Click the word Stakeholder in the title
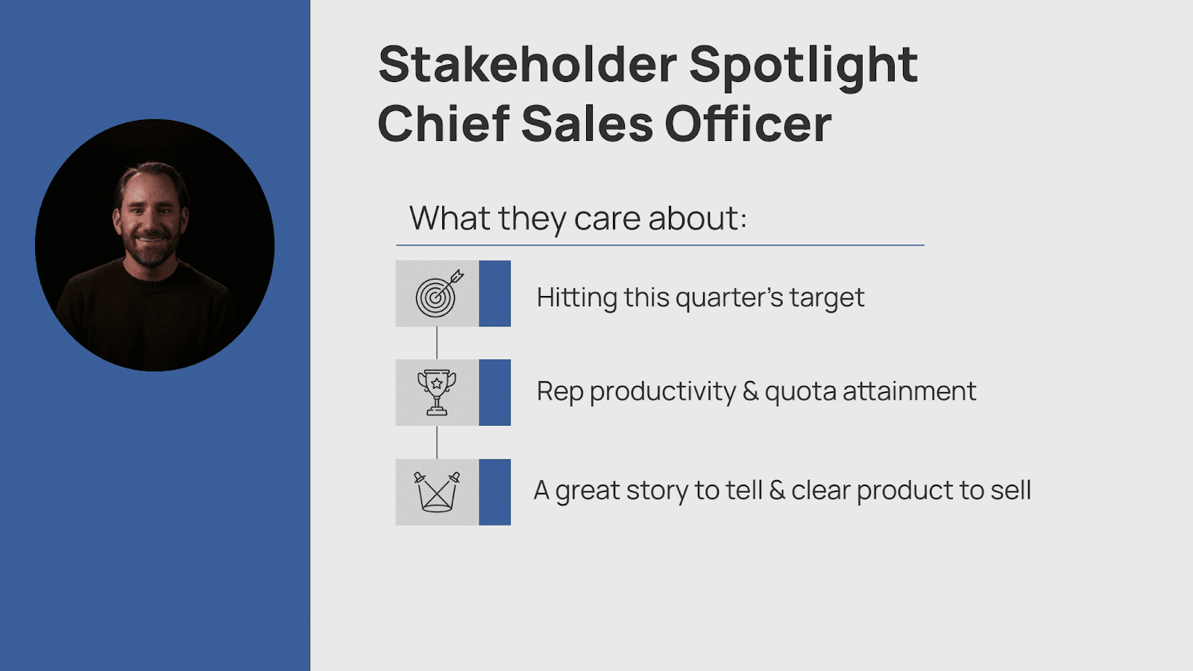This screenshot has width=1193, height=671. pos(528,64)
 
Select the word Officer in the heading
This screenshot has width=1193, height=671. pos(748,123)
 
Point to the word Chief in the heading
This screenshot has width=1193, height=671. pos(444,123)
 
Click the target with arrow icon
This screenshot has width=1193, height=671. pos(438,294)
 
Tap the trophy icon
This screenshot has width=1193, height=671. pos(437,392)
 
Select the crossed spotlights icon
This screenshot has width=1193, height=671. pos(437,491)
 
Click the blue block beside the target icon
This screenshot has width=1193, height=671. pos(495,294)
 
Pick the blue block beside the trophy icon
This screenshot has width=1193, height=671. pos(495,392)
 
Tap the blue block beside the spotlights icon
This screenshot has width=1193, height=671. pos(495,492)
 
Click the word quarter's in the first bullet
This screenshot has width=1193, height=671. pos(729,298)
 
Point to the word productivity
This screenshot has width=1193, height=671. pos(663,392)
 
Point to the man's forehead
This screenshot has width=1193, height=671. pos(151,187)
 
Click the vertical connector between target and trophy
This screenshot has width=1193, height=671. pos(437,343)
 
